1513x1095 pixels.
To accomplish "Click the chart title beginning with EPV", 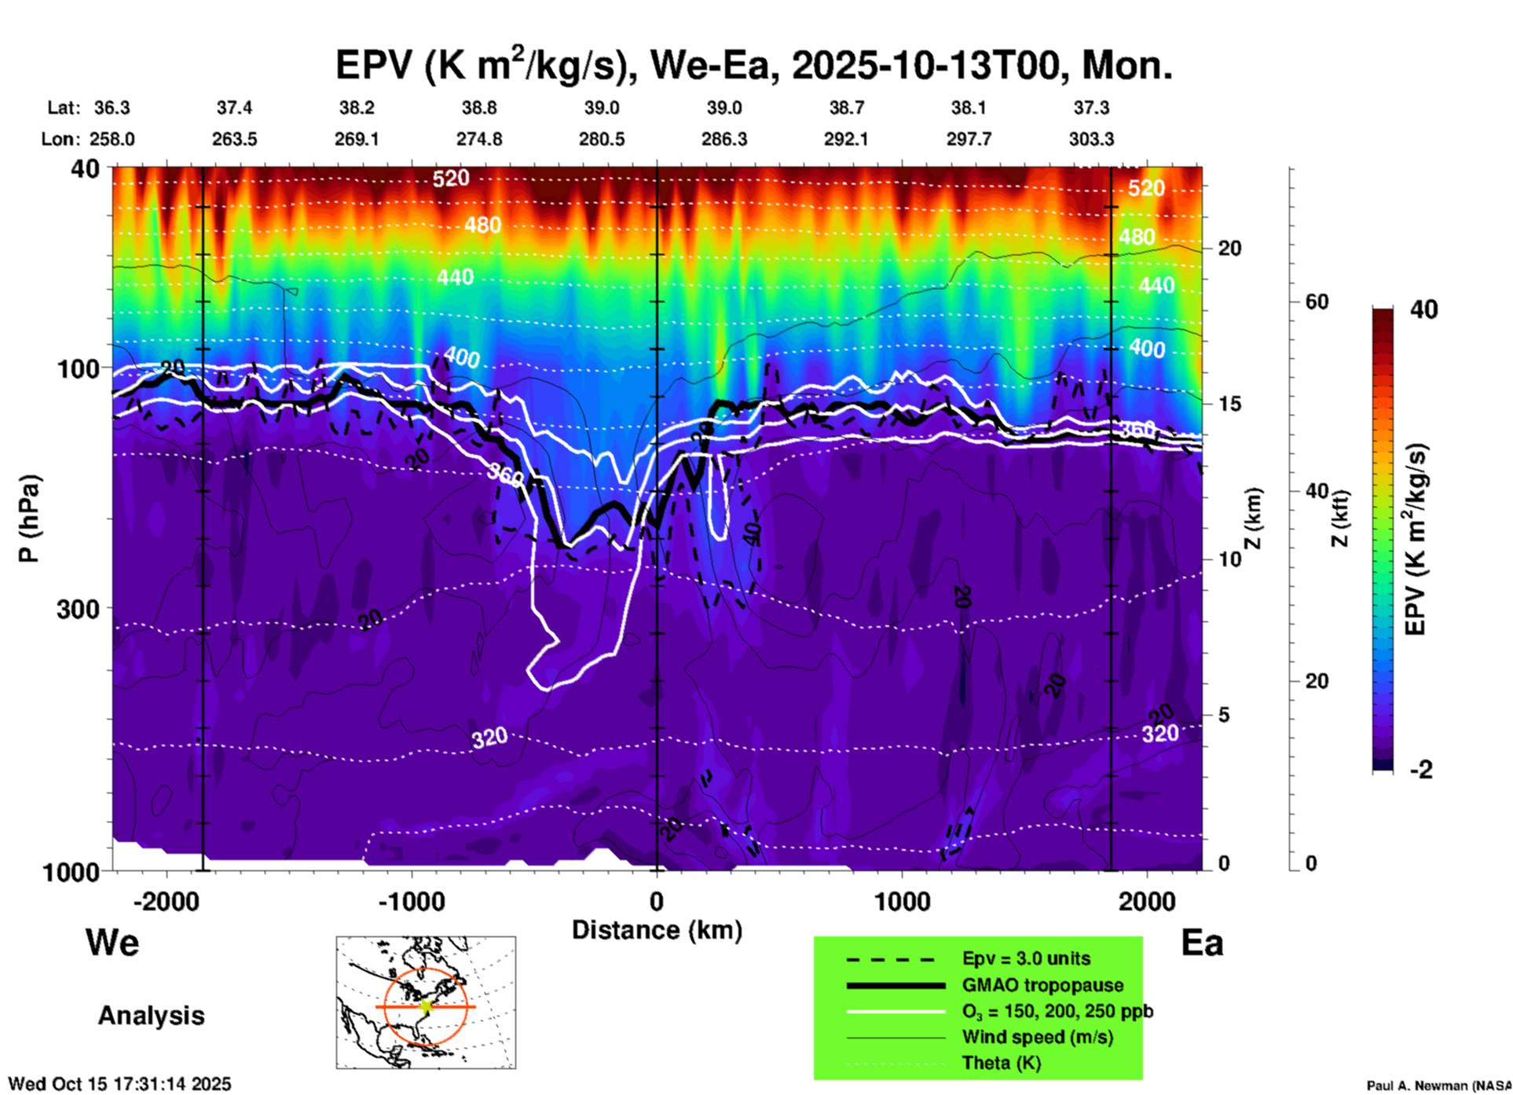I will [754, 64].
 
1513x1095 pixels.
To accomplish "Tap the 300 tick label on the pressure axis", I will [79, 609].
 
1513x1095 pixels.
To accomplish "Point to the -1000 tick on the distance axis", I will [412, 901].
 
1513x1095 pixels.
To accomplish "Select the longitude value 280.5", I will [602, 139].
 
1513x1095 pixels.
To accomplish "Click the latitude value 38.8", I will [479, 108].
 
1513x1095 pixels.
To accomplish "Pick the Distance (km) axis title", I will [657, 930].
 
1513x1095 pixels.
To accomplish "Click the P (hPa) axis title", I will [29, 518].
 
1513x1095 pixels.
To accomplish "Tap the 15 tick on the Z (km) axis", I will [1229, 404].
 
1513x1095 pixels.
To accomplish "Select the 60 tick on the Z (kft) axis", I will [1317, 302].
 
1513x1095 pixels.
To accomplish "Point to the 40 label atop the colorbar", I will [1423, 309].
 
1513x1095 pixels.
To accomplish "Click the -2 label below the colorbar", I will [1421, 770].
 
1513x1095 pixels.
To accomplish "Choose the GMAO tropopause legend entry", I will [1042, 985].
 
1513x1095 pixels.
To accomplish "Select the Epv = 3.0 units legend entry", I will [1026, 958].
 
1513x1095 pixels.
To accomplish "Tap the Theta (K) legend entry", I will [1001, 1063].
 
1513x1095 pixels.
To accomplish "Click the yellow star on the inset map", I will [427, 1006].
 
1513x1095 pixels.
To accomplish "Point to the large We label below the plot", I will [112, 943].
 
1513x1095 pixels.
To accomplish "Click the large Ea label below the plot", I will [1202, 943].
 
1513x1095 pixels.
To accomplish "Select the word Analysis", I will [151, 1016].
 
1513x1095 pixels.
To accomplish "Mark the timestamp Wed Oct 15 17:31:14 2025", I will [119, 1084].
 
